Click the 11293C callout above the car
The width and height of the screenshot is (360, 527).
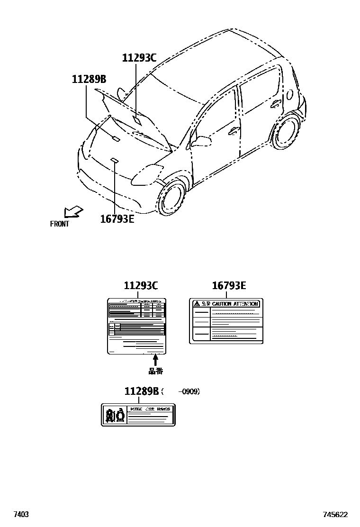point(139,58)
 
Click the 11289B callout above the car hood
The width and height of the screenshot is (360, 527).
point(89,80)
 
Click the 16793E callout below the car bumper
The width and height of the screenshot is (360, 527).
point(117,218)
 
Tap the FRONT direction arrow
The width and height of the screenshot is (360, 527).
point(73,211)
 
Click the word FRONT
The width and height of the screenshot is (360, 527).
point(59,224)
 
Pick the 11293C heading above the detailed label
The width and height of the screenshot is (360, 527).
point(141,286)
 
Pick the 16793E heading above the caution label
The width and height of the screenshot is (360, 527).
point(229,286)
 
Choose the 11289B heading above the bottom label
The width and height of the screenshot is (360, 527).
point(141,391)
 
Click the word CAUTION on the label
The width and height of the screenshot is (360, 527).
point(222,304)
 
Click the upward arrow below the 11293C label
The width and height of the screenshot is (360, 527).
point(155,360)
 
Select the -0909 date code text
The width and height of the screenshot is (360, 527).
point(189,392)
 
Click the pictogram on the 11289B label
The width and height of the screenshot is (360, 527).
point(115,415)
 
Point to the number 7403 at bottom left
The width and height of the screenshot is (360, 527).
point(21,514)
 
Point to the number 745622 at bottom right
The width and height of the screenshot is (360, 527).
point(335,514)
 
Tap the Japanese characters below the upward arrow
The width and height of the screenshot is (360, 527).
point(155,372)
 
